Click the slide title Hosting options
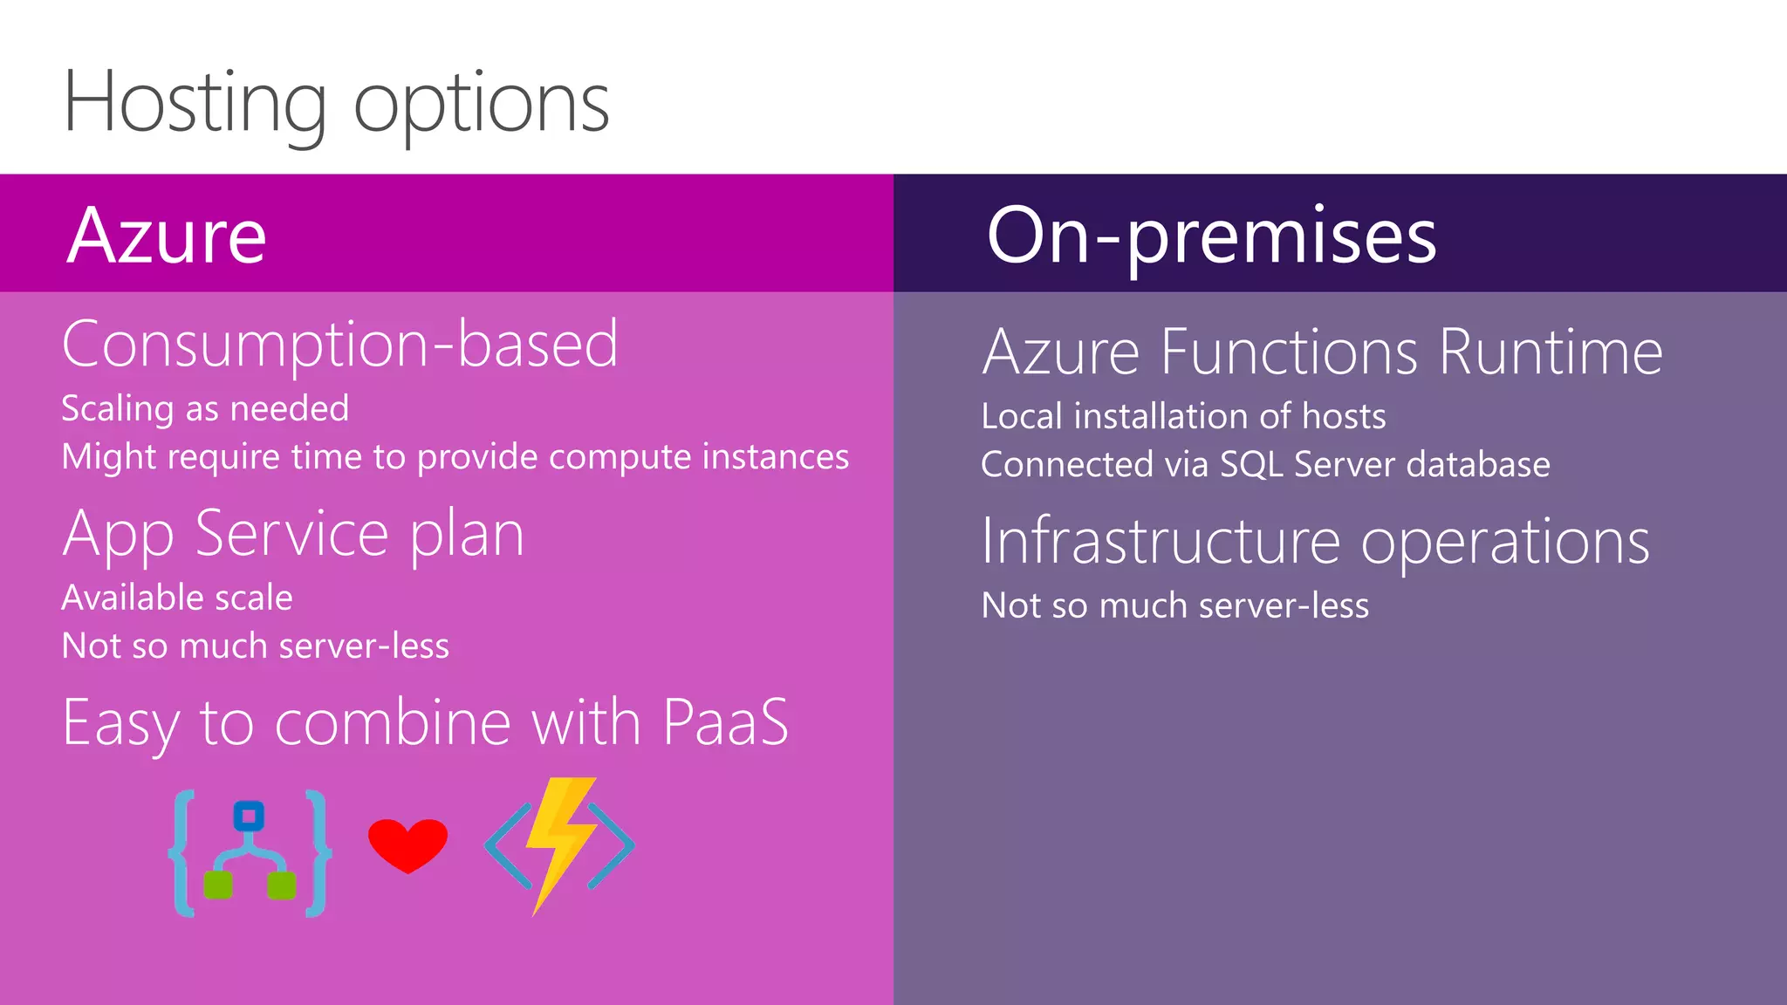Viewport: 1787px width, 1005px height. point(336,103)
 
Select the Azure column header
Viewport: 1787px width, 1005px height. point(167,236)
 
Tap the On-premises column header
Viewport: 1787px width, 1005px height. point(1211,236)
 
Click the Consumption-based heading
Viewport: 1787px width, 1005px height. point(339,345)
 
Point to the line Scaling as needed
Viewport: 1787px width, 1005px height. point(205,408)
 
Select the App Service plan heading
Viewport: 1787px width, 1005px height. point(293,534)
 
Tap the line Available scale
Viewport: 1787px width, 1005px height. point(177,598)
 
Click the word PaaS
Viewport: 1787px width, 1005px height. point(725,722)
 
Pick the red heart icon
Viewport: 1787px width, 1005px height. point(407,844)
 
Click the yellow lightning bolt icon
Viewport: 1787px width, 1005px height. point(558,842)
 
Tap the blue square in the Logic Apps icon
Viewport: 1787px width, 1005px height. point(249,816)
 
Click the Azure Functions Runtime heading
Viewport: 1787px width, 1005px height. point(1322,352)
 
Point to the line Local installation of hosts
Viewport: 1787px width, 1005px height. point(1183,416)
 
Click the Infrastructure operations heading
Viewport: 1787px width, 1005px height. point(1315,542)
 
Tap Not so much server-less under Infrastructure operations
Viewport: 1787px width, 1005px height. point(1174,605)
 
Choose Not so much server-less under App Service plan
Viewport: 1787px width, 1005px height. point(256,646)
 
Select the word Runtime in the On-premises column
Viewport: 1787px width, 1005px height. point(1551,352)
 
